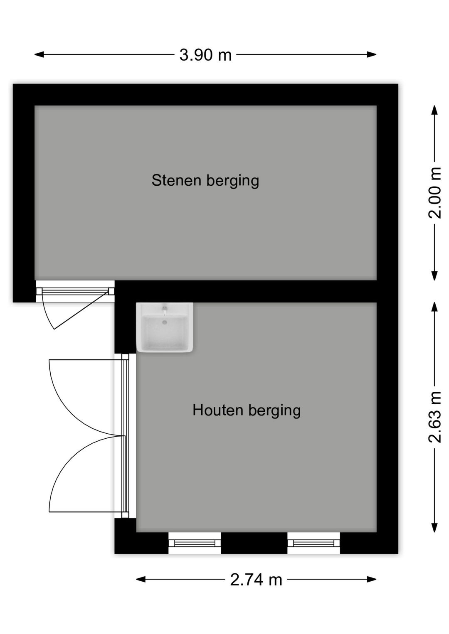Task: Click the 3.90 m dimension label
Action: (205, 55)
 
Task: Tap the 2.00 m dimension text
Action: (435, 193)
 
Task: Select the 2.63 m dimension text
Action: (435, 417)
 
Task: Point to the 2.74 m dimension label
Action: (256, 580)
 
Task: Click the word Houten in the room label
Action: (218, 410)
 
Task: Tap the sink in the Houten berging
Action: (165, 328)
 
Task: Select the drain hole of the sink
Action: (165, 322)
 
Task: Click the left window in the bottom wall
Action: (195, 543)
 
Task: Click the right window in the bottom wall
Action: (313, 543)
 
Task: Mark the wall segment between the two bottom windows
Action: (254, 543)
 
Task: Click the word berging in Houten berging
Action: (274, 410)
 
